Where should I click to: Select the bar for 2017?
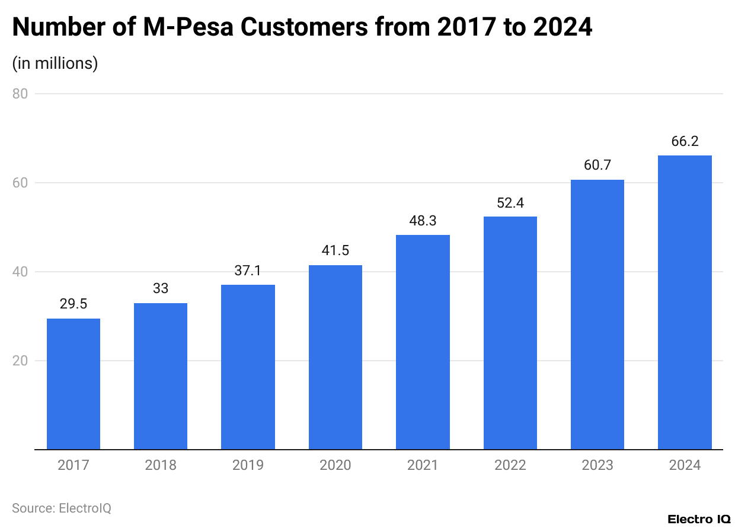(x=73, y=384)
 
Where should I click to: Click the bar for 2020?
(x=335, y=357)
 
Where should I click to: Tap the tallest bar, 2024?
(x=685, y=303)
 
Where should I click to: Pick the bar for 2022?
(x=510, y=333)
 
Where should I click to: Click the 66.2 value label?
(x=685, y=141)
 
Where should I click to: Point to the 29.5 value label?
(x=73, y=304)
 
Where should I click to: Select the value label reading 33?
(x=161, y=289)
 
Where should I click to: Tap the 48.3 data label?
(x=423, y=221)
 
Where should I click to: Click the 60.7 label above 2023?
(x=597, y=166)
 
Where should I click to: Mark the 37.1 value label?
(x=248, y=271)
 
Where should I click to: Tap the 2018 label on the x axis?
(x=161, y=465)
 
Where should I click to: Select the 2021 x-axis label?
(x=423, y=465)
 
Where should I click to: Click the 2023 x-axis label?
(x=597, y=465)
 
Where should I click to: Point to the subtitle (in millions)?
(x=55, y=63)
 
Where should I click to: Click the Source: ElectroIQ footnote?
(x=62, y=508)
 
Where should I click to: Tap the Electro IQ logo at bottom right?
(x=699, y=519)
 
